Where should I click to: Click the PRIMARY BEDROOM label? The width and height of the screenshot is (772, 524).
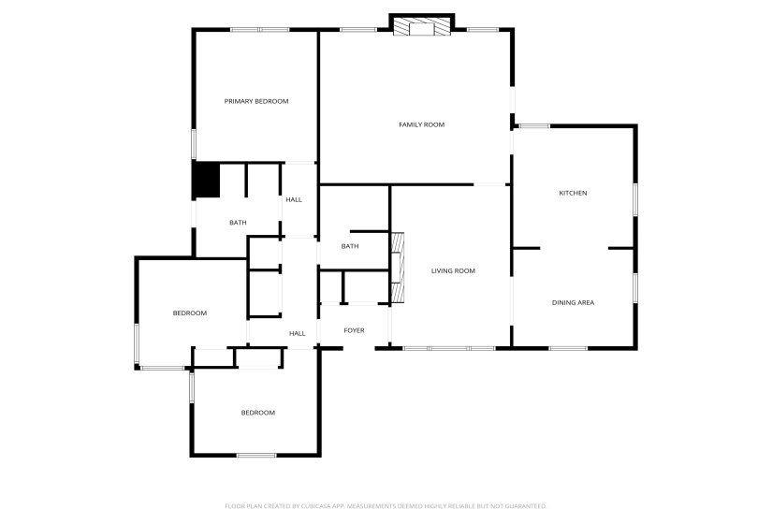click(x=255, y=101)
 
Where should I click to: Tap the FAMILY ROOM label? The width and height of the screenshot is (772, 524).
click(x=421, y=124)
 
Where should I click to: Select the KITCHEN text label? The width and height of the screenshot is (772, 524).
click(x=573, y=193)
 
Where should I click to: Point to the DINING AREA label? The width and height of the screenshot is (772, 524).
click(x=573, y=302)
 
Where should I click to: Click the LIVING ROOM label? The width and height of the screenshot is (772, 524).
click(x=453, y=271)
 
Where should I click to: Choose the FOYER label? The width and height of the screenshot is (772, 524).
click(x=354, y=330)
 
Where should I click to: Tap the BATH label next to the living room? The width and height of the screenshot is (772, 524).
click(x=350, y=247)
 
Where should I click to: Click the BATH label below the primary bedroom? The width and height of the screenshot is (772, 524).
click(x=239, y=223)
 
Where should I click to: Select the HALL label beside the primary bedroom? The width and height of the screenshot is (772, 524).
click(x=294, y=199)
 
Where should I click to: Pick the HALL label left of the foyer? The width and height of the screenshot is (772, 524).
click(x=297, y=333)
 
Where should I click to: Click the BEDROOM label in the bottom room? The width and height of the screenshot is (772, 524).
click(x=257, y=413)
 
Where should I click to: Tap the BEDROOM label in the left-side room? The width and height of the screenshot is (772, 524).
click(x=189, y=313)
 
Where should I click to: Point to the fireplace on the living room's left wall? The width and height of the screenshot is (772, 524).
click(x=397, y=269)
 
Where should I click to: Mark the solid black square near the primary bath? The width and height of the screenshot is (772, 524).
click(x=205, y=180)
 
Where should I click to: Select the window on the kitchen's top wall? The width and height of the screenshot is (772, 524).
click(x=534, y=125)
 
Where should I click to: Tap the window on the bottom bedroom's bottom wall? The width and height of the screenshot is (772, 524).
click(x=255, y=456)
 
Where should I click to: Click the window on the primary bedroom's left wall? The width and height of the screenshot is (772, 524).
click(x=194, y=143)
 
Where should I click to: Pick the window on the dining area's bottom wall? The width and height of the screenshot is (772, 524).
click(x=568, y=349)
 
